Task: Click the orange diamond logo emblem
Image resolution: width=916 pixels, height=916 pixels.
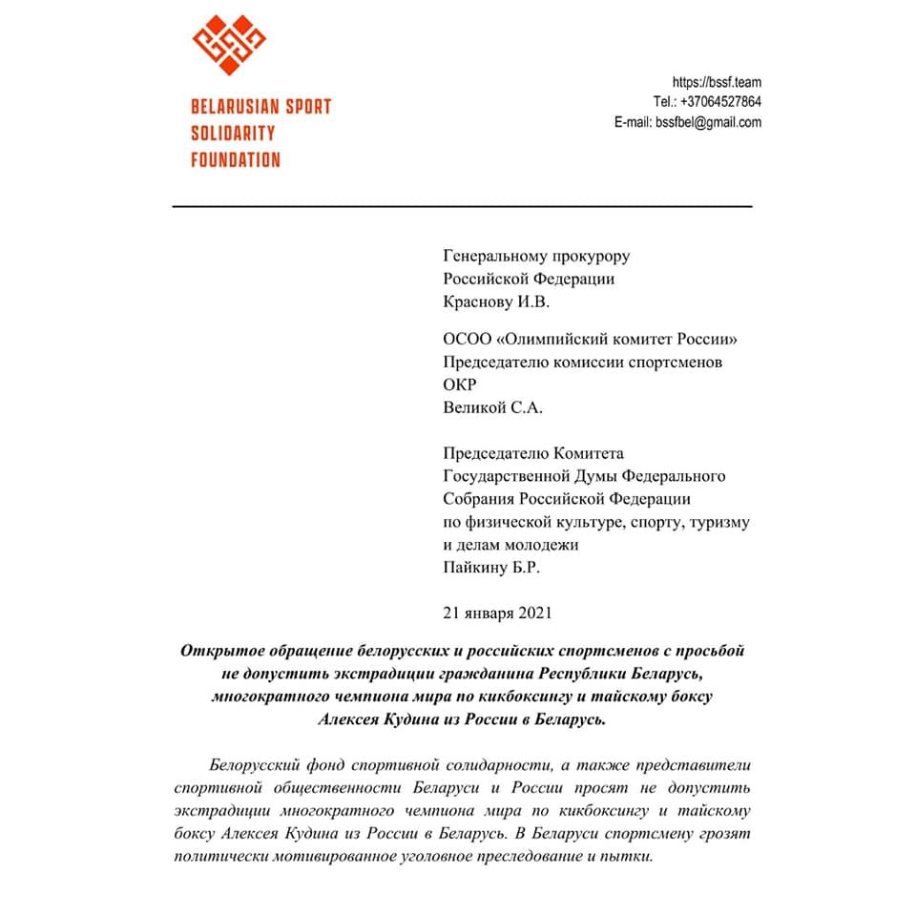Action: (229, 45)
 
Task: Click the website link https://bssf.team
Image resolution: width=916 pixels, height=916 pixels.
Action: (717, 82)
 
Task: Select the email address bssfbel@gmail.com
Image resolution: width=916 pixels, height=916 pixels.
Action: (707, 122)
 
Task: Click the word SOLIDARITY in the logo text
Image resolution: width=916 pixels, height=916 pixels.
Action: (233, 133)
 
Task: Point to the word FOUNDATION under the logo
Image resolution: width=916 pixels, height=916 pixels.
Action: (236, 159)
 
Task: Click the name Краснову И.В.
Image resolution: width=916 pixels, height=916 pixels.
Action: (497, 302)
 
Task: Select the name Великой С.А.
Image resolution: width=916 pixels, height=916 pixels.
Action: (493, 407)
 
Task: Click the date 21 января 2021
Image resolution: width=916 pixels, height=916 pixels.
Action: (497, 613)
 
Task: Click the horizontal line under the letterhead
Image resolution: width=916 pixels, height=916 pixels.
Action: (462, 206)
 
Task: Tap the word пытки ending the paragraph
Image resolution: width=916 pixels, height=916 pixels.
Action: (631, 858)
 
